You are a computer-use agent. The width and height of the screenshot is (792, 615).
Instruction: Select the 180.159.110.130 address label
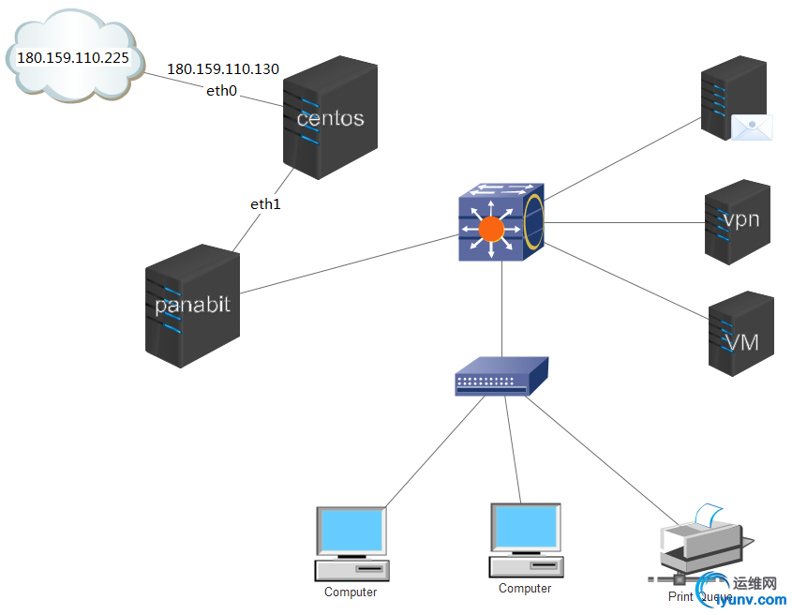pos(223,69)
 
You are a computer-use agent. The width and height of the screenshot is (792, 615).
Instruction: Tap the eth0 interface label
pos(222,91)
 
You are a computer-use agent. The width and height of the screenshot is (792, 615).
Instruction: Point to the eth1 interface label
pos(265,203)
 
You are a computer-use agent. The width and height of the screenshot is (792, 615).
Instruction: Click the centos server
pos(330,118)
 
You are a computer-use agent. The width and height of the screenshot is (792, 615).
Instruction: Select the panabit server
pos(192,300)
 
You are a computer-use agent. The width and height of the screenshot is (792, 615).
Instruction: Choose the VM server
pos(740,334)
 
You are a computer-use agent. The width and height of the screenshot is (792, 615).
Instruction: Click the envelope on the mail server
pos(751,128)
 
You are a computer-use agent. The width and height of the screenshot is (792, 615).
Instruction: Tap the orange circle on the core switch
pos(491,229)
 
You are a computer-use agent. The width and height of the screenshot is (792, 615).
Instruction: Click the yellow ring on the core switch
pos(534,221)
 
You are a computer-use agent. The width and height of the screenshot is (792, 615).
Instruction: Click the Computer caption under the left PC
pos(351,592)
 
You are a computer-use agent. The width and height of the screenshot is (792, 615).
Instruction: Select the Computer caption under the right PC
pos(525,589)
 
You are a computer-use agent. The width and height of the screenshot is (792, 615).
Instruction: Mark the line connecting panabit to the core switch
pos(347,263)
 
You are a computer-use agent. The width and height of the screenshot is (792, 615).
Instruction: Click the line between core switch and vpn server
pos(628,223)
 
